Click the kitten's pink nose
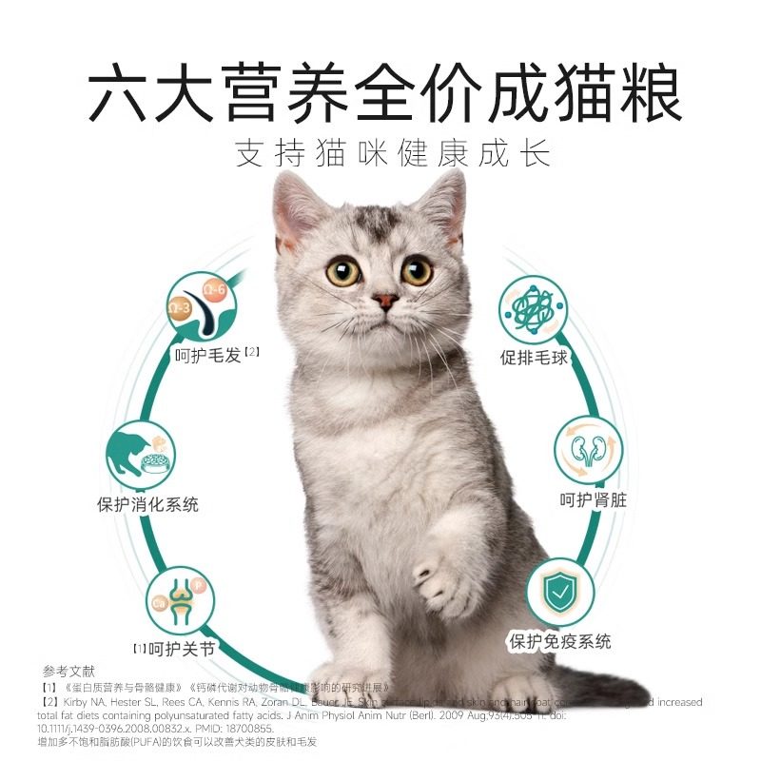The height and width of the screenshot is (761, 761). [x=385, y=302]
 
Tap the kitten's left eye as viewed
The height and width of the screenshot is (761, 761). [x=342, y=271]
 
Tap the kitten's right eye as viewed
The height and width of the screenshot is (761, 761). [x=417, y=271]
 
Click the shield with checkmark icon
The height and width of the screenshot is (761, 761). [x=560, y=593]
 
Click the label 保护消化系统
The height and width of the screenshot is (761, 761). [x=147, y=505]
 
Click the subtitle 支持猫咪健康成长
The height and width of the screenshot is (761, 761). [x=393, y=154]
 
